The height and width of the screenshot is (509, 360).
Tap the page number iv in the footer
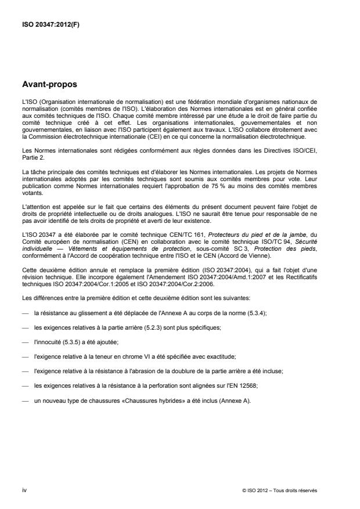[24, 490]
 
